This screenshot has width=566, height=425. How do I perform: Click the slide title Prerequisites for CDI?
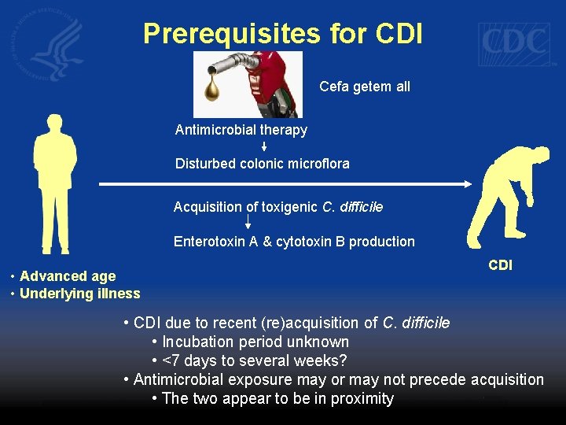[x=283, y=33]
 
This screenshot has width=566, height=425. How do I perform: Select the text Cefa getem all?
[x=365, y=87]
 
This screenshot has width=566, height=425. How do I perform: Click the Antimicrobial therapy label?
[x=241, y=130]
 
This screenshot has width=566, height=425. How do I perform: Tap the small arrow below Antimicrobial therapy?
[x=264, y=146]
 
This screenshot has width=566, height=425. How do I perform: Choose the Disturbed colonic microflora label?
[x=263, y=164]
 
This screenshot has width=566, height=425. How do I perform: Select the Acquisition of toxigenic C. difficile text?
[x=278, y=207]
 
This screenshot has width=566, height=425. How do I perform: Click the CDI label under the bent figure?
[x=500, y=265]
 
